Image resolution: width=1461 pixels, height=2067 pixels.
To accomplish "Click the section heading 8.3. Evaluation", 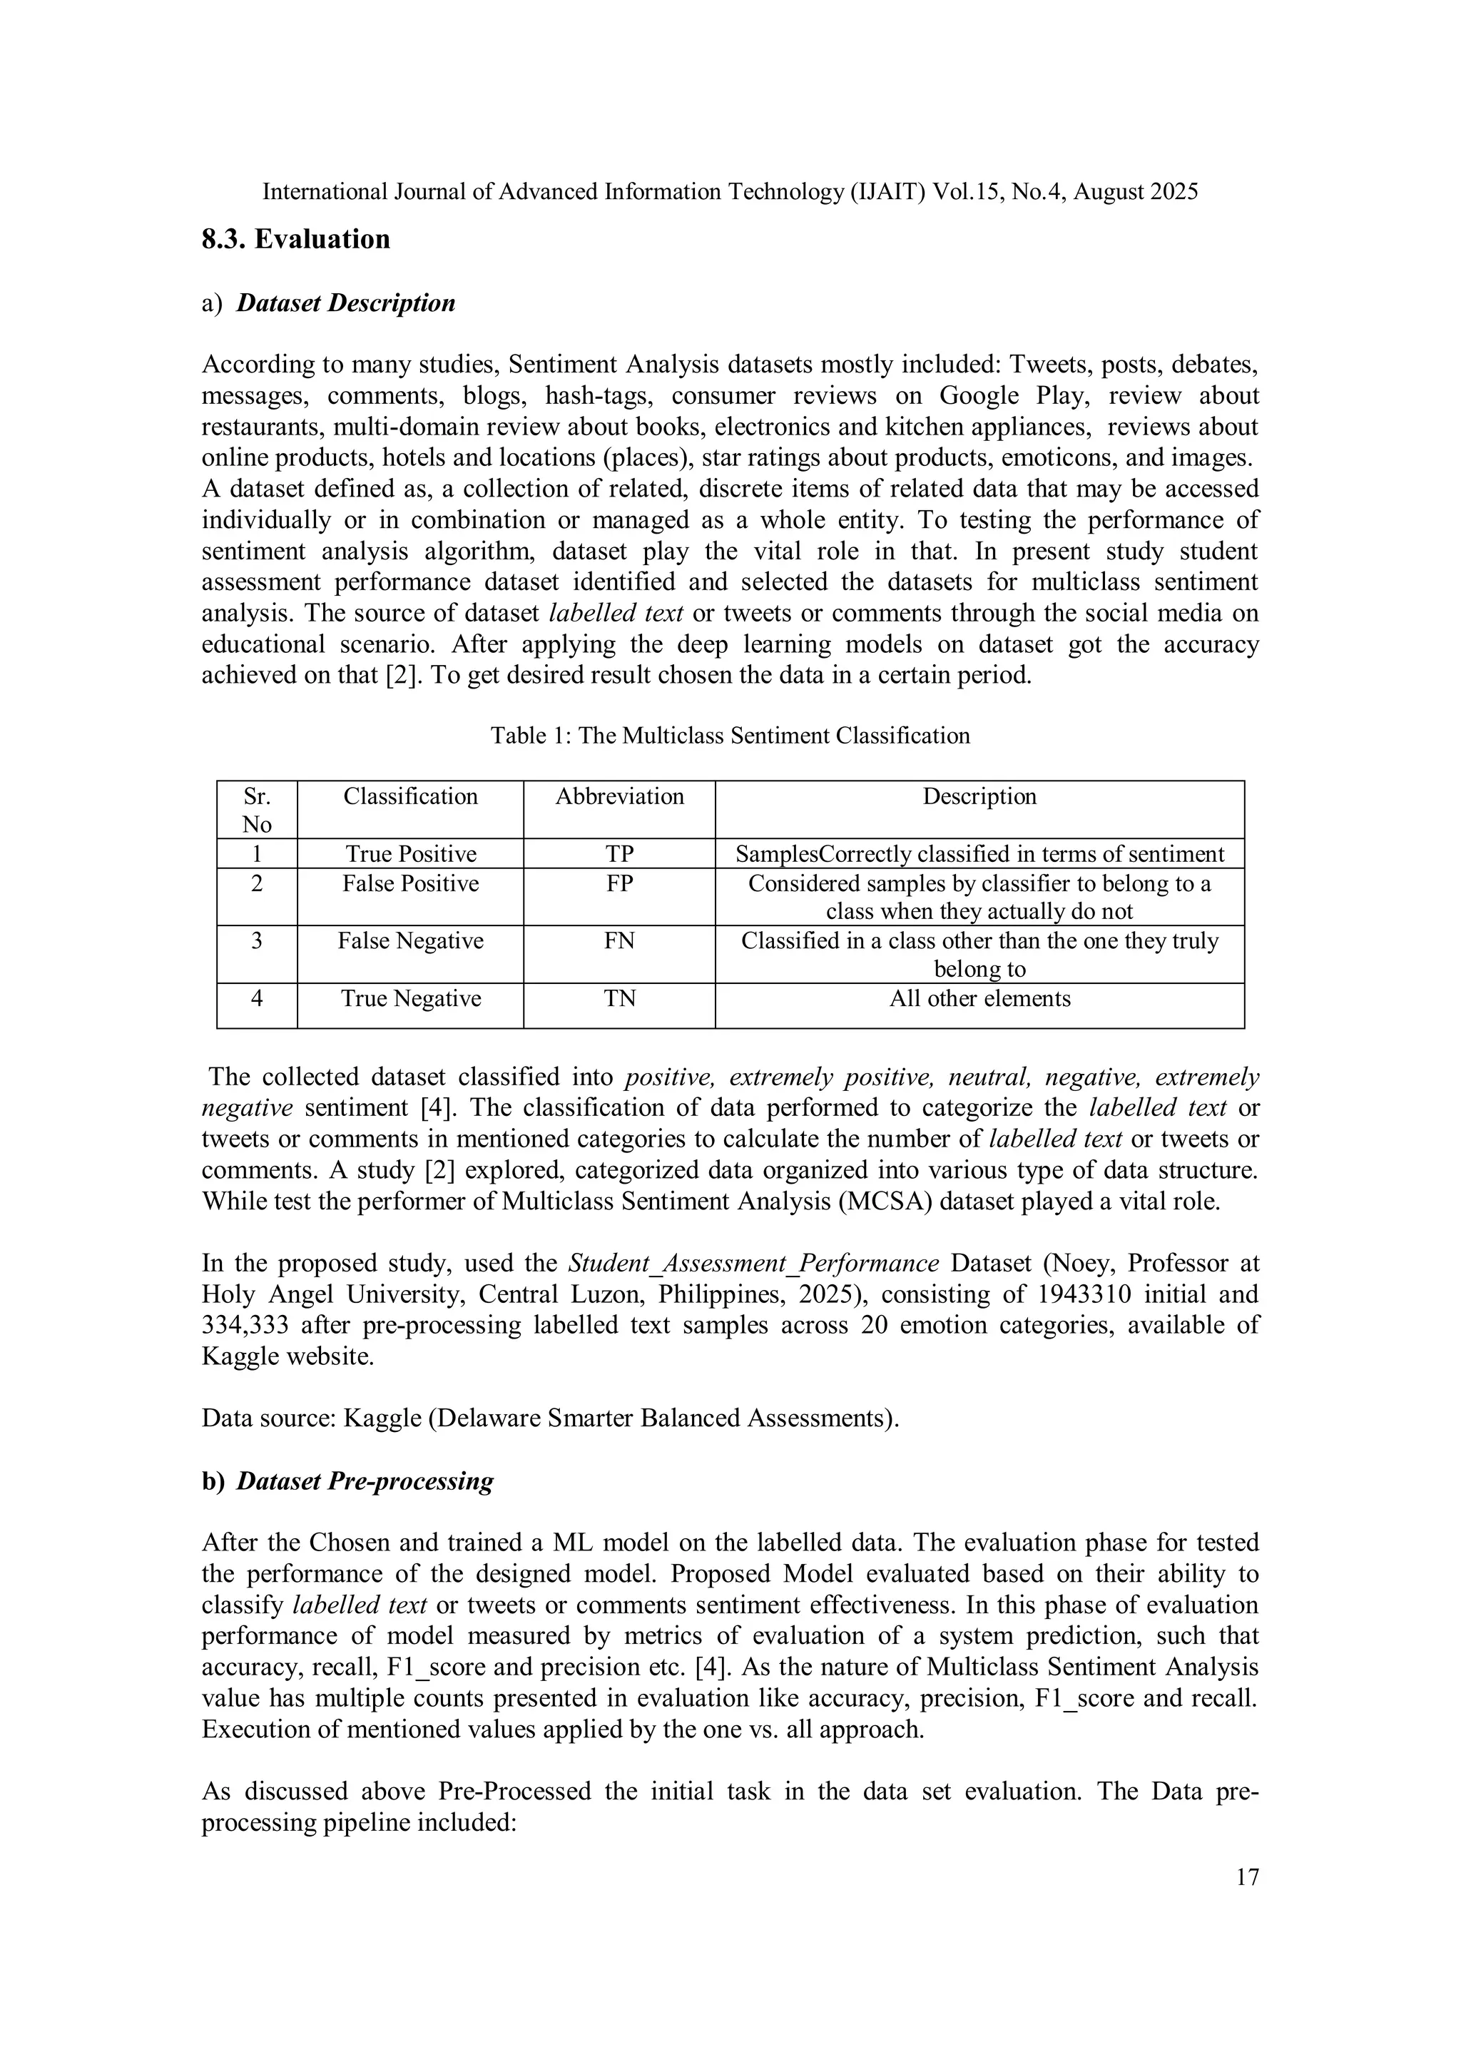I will click(x=295, y=240).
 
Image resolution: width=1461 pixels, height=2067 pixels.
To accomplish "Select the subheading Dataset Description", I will click(x=346, y=303).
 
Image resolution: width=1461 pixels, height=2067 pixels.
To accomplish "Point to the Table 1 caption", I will click(x=730, y=736).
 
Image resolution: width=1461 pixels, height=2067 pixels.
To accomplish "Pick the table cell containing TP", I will click(x=619, y=853).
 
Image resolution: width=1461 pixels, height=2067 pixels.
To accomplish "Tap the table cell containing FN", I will click(x=619, y=941).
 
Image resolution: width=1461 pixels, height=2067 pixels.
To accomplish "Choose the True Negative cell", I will click(x=410, y=998).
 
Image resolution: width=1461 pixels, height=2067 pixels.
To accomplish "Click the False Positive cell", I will click(x=410, y=883).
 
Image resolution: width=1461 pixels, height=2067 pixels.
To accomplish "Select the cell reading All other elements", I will click(x=979, y=998).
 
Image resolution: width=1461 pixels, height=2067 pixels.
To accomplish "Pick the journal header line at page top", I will click(x=730, y=192).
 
